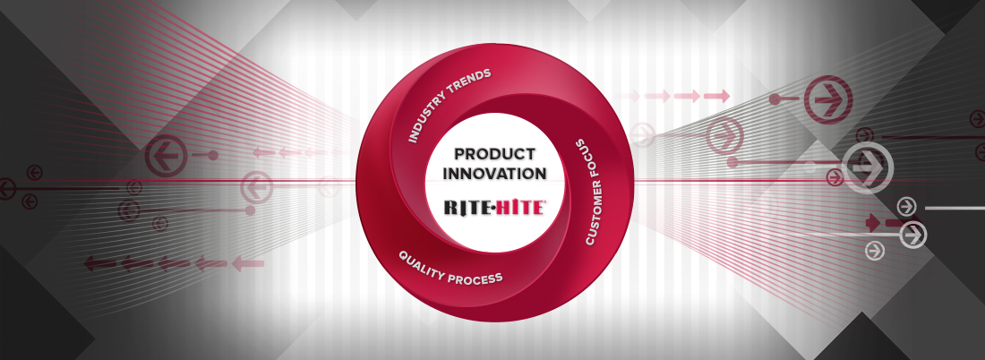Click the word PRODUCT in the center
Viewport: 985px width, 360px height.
[x=495, y=154]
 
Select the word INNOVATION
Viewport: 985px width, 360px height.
[x=495, y=174]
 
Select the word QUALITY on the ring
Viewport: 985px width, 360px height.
[x=422, y=262]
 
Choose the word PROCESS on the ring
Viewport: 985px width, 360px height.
[x=475, y=277]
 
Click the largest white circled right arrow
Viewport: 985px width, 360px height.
[x=867, y=167]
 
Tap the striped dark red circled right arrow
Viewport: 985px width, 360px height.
[x=828, y=100]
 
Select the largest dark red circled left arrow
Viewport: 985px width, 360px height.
[x=166, y=155]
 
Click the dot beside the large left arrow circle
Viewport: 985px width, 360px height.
[x=213, y=155]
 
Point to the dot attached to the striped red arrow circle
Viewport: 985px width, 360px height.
[x=775, y=99]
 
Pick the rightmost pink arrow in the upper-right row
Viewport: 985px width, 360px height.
[x=716, y=96]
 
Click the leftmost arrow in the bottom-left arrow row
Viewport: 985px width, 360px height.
[x=100, y=263]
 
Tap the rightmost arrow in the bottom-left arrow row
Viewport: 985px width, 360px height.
[x=247, y=263]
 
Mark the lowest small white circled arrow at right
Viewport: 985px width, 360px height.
[x=875, y=251]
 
